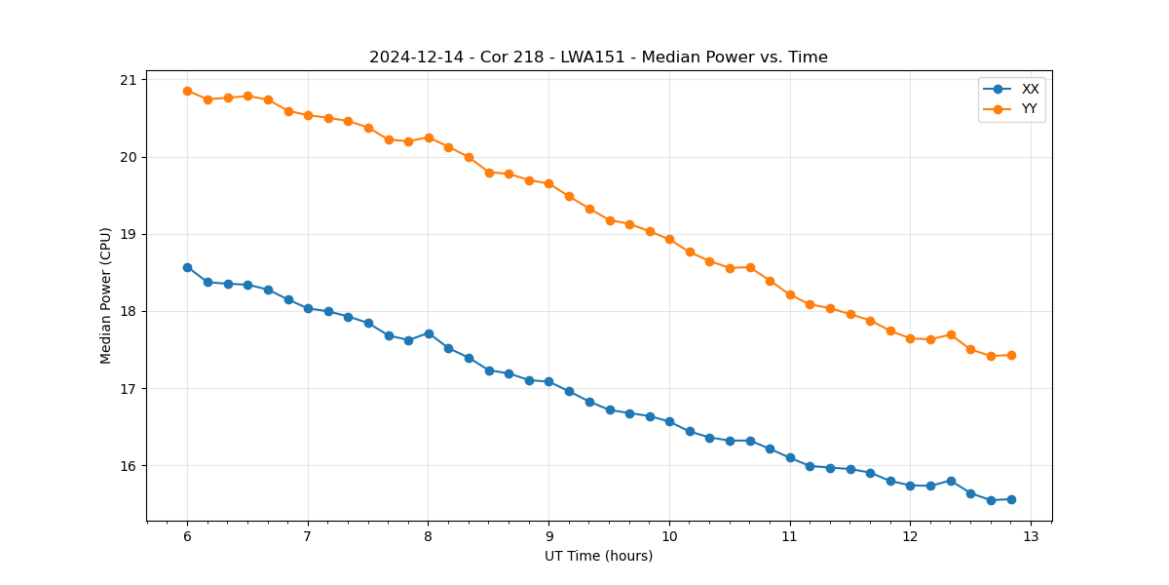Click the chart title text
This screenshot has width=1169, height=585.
click(598, 58)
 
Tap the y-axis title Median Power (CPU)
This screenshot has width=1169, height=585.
click(106, 295)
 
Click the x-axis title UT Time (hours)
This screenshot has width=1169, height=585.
click(598, 556)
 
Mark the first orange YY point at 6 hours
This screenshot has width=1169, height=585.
click(187, 91)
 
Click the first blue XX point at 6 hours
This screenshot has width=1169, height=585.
click(187, 267)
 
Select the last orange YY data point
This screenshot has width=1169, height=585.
click(1011, 355)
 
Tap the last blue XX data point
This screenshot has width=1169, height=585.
click(1011, 499)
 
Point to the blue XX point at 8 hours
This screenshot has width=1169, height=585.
click(429, 333)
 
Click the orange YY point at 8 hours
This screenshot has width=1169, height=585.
click(429, 137)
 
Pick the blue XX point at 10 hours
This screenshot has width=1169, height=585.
click(669, 421)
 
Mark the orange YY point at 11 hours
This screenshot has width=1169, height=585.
click(790, 294)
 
